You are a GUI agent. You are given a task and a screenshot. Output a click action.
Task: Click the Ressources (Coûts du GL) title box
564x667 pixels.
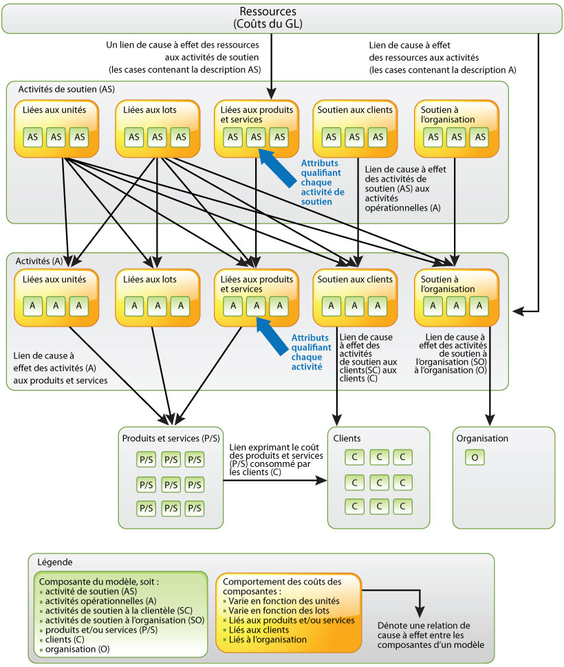pyautogui.click(x=282, y=19)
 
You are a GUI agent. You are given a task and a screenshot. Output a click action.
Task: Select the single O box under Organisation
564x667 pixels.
pyautogui.click(x=475, y=457)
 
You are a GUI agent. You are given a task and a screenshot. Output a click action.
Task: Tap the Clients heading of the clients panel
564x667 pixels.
pyautogui.click(x=347, y=438)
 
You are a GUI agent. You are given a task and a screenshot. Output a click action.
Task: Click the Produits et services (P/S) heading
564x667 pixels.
pyautogui.click(x=171, y=438)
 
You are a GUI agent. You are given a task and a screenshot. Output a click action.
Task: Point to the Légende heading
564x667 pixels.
pyautogui.click(x=55, y=562)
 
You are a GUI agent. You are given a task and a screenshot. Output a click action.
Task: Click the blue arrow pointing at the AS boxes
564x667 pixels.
pyautogui.click(x=277, y=167)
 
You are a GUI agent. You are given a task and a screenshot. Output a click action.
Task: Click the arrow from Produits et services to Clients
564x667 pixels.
pyautogui.click(x=274, y=481)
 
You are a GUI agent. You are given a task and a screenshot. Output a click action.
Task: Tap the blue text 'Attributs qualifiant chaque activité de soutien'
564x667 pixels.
pyautogui.click(x=323, y=182)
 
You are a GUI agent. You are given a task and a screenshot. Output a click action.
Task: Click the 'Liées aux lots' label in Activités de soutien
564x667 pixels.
pyautogui.click(x=150, y=110)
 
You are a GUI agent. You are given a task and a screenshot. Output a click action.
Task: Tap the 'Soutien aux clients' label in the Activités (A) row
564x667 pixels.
pyautogui.click(x=355, y=279)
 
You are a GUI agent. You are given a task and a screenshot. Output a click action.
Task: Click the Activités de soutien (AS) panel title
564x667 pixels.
pyautogui.click(x=66, y=89)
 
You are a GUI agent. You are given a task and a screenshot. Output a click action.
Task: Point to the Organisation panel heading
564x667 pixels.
pyautogui.click(x=482, y=438)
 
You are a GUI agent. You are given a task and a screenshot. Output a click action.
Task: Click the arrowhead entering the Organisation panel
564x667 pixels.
pyautogui.click(x=490, y=419)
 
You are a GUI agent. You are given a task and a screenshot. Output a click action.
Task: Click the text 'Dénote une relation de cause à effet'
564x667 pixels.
pyautogui.click(x=424, y=631)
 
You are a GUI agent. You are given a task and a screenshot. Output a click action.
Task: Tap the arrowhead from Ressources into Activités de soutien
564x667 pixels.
pyautogui.click(x=272, y=93)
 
